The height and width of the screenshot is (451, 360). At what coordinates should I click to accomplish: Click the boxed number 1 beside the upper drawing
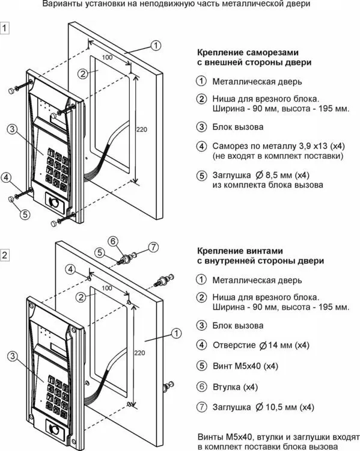click(x=5, y=28)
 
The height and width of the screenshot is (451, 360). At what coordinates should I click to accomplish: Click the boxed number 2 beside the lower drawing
click(x=5, y=255)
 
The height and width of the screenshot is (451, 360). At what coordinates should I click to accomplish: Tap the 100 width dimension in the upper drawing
click(x=107, y=57)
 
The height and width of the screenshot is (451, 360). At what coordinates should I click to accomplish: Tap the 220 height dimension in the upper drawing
click(x=141, y=129)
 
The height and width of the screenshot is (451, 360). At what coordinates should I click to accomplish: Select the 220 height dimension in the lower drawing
click(x=139, y=352)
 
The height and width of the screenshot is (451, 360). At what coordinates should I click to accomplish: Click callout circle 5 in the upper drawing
click(x=25, y=214)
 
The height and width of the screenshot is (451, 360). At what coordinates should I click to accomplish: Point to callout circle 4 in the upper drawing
click(x=6, y=177)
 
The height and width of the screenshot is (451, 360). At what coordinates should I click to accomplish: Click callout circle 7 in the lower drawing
click(x=153, y=247)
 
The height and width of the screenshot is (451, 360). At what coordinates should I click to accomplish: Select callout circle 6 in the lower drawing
click(x=113, y=241)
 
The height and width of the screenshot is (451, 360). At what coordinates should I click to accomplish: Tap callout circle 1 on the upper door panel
click(x=156, y=46)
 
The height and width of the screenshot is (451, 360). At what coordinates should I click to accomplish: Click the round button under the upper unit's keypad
click(x=55, y=202)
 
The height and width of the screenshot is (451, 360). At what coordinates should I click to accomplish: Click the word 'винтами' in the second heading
click(x=262, y=251)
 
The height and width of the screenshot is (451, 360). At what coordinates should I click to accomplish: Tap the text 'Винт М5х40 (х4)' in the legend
click(x=246, y=366)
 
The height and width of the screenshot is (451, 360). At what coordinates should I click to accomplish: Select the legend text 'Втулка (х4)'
click(x=235, y=387)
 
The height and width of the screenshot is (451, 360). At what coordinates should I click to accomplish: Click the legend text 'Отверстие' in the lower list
click(x=234, y=345)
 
